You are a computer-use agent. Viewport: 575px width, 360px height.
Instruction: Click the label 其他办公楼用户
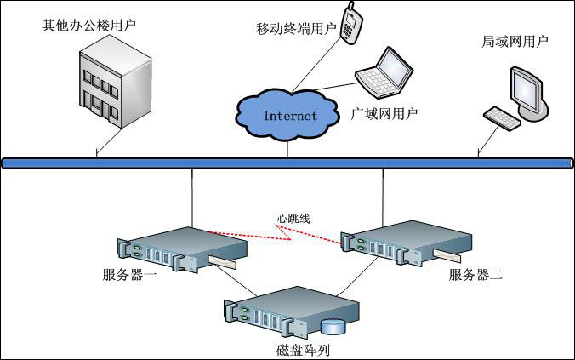click(x=88, y=25)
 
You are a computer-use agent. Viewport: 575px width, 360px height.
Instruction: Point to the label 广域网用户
click(x=385, y=112)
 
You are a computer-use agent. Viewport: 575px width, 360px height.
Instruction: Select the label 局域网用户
click(x=515, y=41)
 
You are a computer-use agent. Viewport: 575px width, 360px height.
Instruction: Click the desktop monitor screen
click(x=525, y=88)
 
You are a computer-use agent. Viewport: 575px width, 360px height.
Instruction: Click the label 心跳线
click(x=293, y=219)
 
